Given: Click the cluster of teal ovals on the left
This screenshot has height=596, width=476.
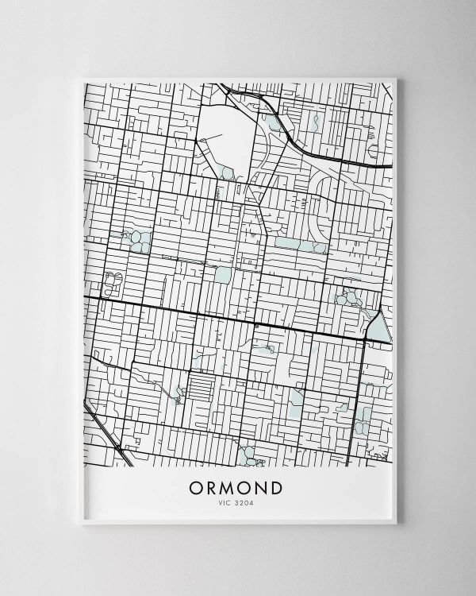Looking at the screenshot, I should [x=136, y=240].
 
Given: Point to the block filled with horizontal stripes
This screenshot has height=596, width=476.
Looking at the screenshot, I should [x=202, y=389].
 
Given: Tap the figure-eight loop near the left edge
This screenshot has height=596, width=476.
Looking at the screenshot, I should [x=112, y=281].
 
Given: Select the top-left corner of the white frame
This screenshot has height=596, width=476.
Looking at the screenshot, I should [x=83, y=79].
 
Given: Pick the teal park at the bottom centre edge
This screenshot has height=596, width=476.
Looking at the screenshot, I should [x=250, y=455].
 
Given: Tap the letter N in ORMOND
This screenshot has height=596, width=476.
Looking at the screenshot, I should [x=262, y=486].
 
